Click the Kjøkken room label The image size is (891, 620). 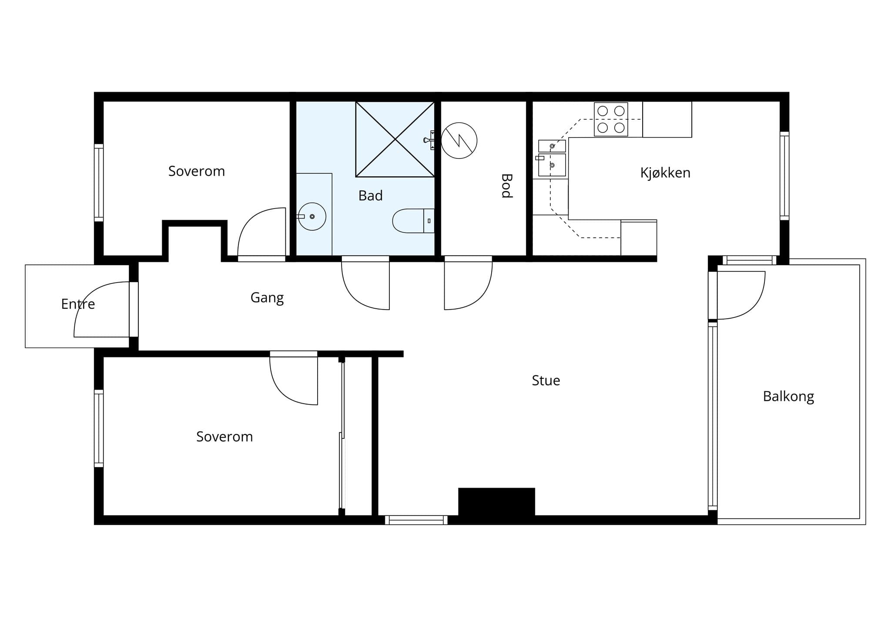(x=665, y=173)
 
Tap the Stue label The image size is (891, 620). (x=546, y=381)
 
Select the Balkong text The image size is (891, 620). (x=788, y=397)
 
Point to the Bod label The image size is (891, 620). (x=506, y=186)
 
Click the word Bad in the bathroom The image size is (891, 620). (x=370, y=196)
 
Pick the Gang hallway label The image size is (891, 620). (x=267, y=298)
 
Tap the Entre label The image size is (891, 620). (x=78, y=304)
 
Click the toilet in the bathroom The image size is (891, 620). (x=413, y=221)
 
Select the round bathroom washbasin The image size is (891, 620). (x=312, y=216)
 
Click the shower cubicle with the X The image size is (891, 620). (x=395, y=139)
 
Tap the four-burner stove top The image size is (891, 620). (x=611, y=119)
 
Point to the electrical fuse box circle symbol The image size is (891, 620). (x=459, y=141)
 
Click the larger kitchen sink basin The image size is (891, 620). (x=552, y=165)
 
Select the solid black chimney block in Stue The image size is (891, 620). (x=496, y=502)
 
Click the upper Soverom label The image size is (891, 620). (x=197, y=171)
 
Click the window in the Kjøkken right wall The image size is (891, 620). (x=784, y=176)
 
